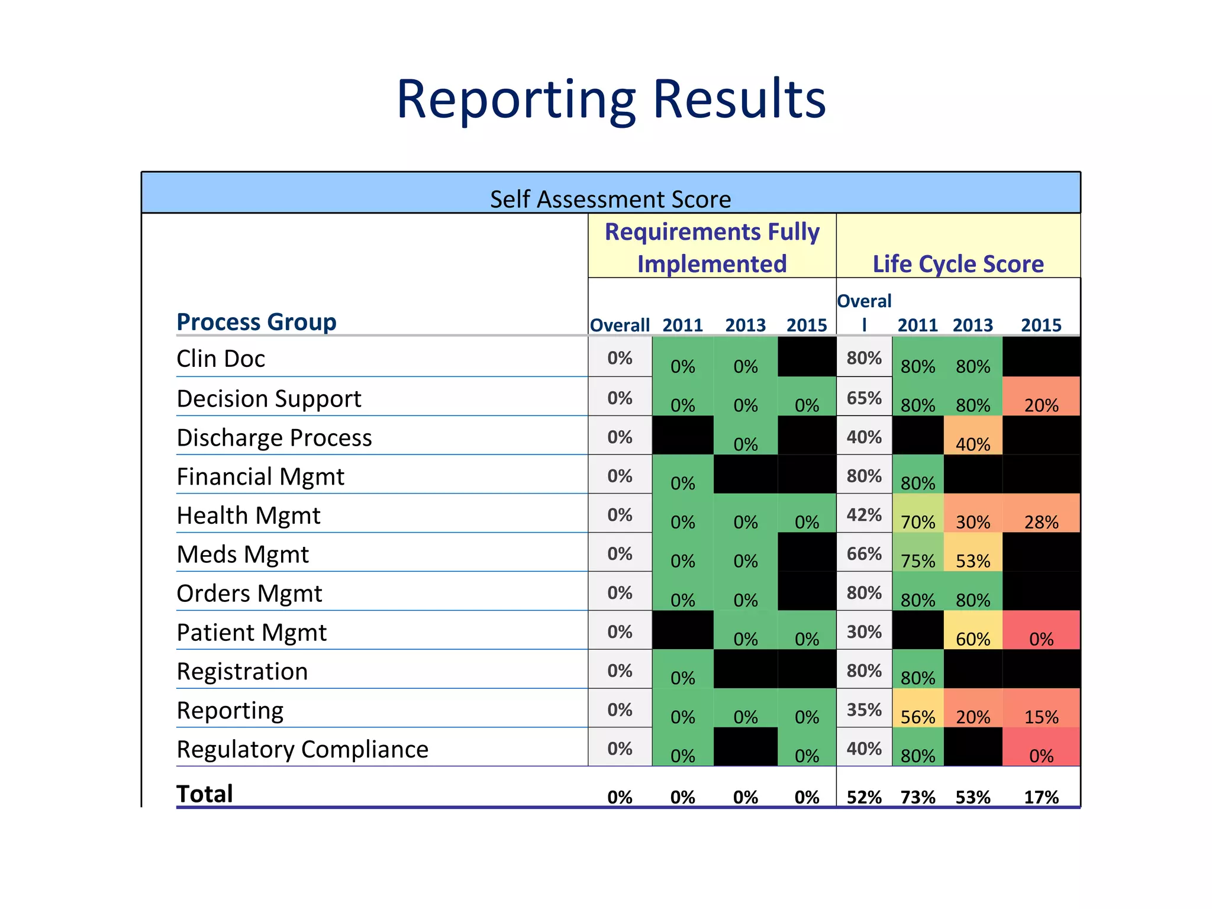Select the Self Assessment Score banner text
pos(610,199)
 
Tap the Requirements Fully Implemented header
pos(712,247)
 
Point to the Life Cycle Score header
pos(958,264)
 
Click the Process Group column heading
pos(256,322)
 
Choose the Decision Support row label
pos(269,399)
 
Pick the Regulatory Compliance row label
pos(302,749)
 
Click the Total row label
pos(205,794)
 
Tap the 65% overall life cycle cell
pos(864,398)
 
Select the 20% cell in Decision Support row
pos(1041,405)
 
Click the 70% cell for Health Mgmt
pos(918,522)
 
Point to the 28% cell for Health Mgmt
pos(1041,522)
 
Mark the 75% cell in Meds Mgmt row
pos(918,561)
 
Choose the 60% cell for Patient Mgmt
pos(973,639)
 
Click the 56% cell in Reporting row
pos(918,717)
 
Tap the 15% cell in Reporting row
pos(1041,717)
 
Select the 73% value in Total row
pos(918,797)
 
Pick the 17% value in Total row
pos(1041,797)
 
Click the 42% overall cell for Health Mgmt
pos(864,515)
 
